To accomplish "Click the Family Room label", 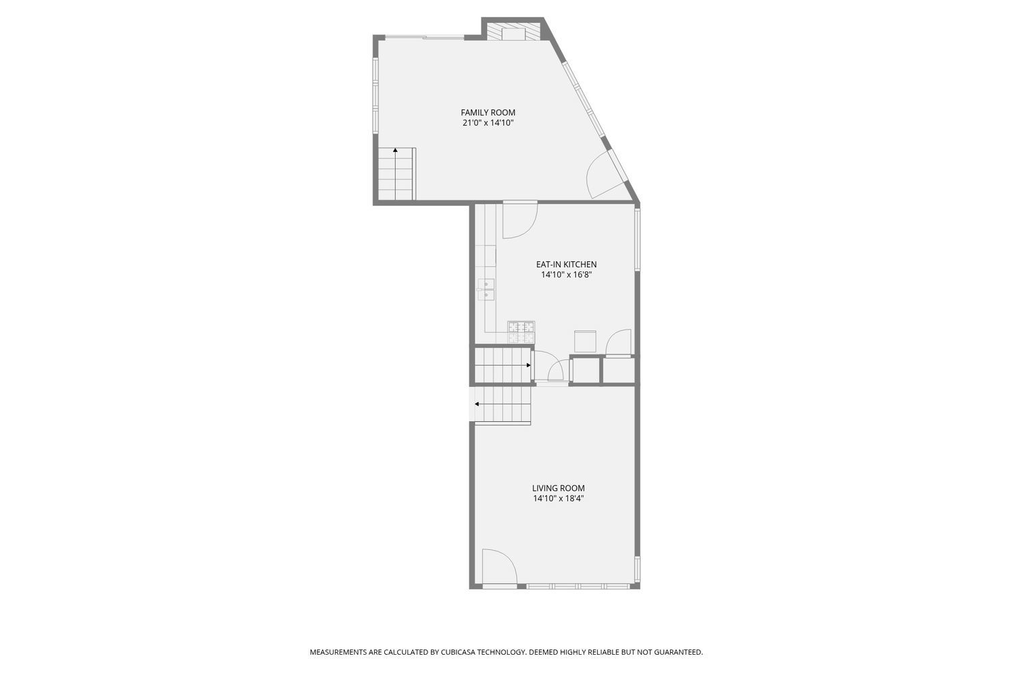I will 488,113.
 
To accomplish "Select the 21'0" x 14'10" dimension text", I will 488,123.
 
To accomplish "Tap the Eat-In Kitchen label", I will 566,265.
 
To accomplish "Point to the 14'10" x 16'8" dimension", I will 566,275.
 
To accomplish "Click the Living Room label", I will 558,488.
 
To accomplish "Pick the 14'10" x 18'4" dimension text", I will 558,499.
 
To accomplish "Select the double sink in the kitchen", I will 486,289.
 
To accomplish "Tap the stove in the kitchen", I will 521,331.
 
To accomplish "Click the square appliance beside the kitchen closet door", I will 585,341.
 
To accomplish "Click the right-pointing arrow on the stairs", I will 527,365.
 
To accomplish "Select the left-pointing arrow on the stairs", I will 477,404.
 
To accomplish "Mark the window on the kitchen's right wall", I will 637,239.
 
